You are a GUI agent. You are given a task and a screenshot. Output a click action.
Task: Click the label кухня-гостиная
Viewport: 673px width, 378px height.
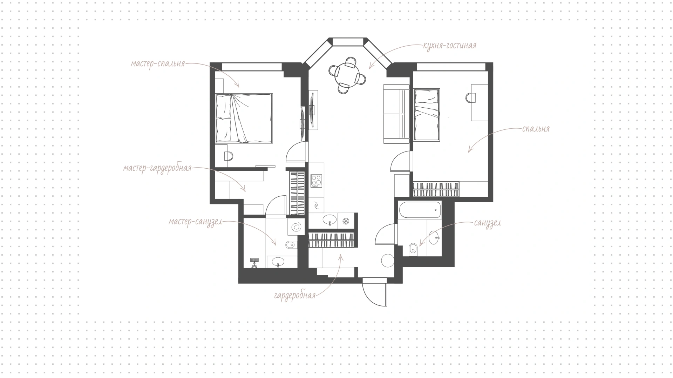coord(450,46)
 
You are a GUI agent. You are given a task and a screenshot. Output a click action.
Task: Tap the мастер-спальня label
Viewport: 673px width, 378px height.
coord(158,64)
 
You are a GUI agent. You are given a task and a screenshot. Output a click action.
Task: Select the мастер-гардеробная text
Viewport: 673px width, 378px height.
coord(157,168)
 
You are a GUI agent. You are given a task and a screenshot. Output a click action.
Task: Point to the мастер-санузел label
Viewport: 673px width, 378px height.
coord(195,222)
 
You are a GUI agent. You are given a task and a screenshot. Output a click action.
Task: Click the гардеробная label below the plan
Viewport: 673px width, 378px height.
coord(295,296)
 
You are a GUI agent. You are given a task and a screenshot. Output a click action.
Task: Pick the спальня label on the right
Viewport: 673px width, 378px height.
coord(536,129)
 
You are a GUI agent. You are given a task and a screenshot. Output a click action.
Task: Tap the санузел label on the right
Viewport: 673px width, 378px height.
coord(488,223)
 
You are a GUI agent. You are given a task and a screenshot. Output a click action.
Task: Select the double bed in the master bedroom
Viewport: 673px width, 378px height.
coord(244,119)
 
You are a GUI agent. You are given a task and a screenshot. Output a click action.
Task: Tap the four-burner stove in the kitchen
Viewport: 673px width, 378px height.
coord(317,181)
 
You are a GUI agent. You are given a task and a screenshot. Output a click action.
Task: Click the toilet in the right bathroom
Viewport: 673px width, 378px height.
coord(414,250)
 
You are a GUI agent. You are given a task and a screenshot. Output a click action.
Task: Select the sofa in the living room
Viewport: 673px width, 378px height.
coord(396,114)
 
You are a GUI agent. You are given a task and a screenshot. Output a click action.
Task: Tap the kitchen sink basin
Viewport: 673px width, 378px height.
coord(330,220)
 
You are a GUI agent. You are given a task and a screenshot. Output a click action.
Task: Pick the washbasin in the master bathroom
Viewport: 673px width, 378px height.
coord(279,262)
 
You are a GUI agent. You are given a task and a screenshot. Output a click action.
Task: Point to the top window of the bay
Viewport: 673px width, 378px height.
coord(347,42)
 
